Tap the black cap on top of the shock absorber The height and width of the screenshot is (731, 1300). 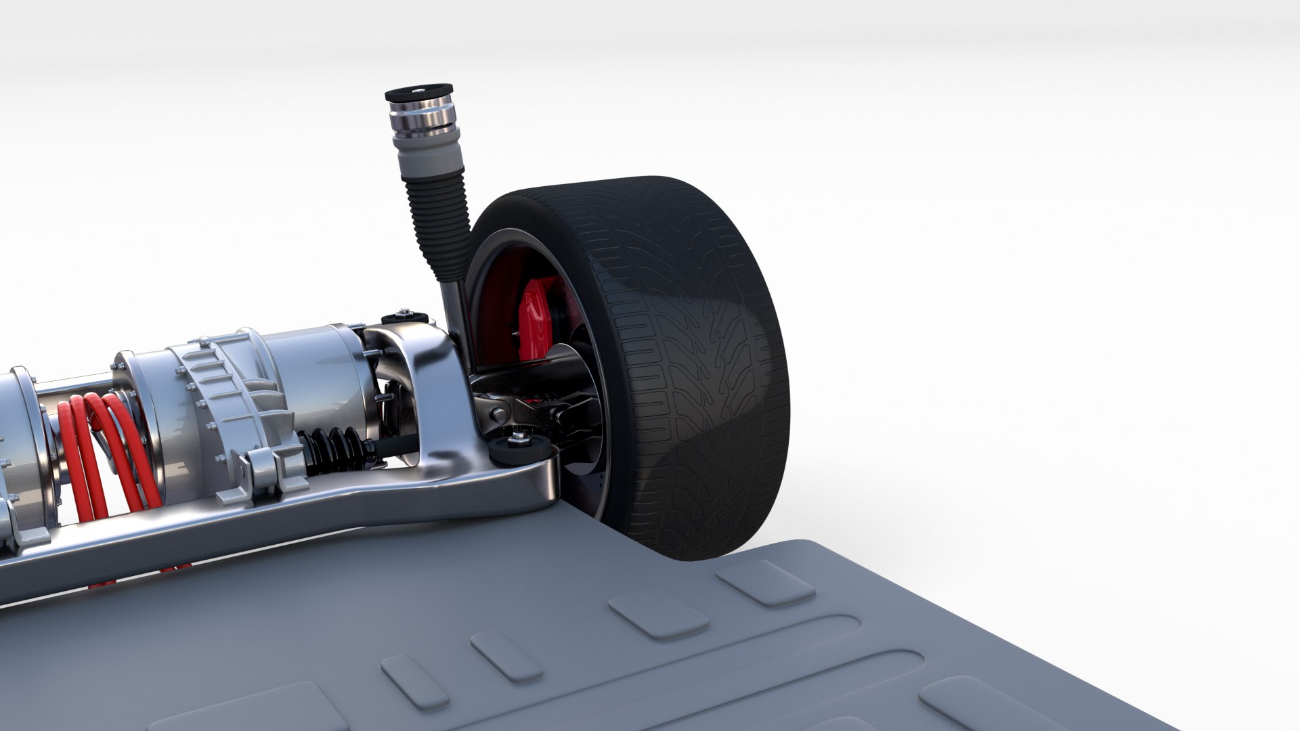(412, 92)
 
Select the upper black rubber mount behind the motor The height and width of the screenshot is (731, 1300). (404, 317)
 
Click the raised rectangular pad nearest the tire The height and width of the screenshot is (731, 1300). (765, 582)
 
